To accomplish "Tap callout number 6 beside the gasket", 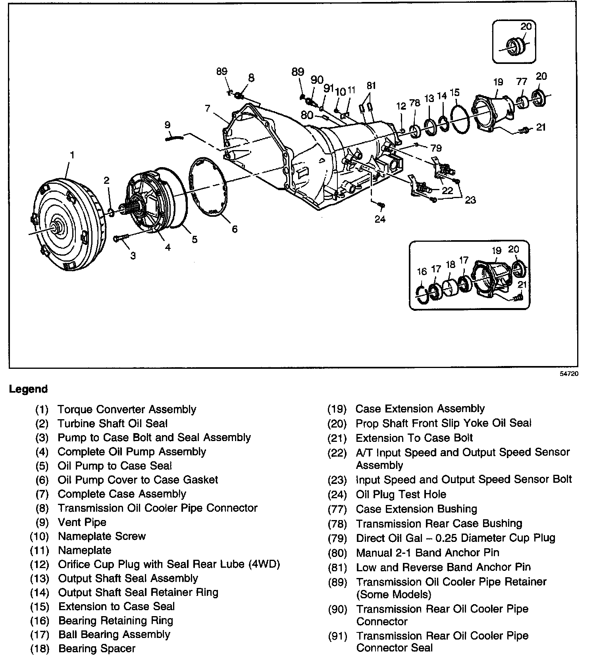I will point(235,229).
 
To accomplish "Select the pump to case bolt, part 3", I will point(121,238).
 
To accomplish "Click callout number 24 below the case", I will point(380,219).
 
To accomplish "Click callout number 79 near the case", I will point(436,148).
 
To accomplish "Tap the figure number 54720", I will point(569,374).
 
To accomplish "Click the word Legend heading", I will point(28,389).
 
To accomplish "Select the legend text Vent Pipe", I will point(82,522).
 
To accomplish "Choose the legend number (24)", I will point(337,495).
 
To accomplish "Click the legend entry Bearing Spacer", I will point(97,648).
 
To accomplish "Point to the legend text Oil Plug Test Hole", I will point(401,494).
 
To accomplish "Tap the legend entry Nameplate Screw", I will point(102,536).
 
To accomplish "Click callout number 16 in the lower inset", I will point(422,272).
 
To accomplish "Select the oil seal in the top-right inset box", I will point(516,46).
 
